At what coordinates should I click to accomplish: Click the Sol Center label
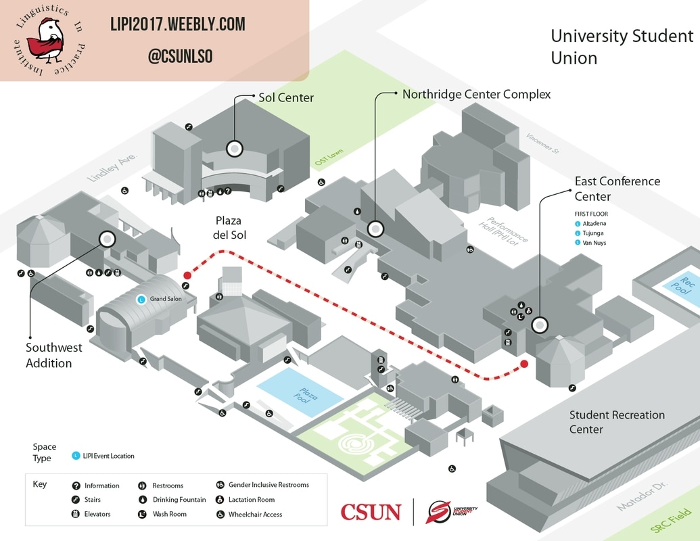286,97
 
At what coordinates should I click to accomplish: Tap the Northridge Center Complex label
476,94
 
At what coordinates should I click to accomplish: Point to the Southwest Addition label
53,355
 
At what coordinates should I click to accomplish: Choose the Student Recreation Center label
616,422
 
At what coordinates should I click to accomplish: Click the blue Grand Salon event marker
141,299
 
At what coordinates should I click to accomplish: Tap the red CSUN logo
371,512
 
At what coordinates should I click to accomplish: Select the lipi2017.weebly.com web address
178,26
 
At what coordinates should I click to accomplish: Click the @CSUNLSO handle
181,57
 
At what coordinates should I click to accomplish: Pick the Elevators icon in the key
76,514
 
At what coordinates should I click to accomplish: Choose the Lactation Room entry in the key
251,500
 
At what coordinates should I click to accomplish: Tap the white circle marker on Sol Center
234,148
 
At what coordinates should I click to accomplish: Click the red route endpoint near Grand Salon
187,275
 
